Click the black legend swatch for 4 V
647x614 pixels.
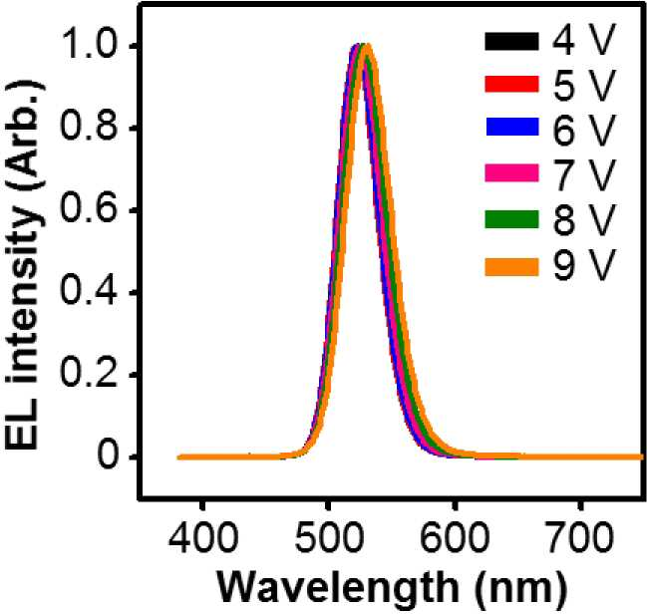511,42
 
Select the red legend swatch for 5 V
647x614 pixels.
511,84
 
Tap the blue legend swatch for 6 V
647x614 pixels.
512,128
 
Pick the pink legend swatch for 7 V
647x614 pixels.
511,172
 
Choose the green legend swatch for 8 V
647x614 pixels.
511,219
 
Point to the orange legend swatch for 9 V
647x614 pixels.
511,267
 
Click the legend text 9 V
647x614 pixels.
583,265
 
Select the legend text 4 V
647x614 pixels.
583,40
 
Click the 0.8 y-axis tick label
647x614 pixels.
88,127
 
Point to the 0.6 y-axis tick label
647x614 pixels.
88,208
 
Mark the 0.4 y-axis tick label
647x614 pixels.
88,291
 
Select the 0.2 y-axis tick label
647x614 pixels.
88,374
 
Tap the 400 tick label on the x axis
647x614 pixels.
203,537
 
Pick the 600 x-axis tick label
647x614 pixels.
455,537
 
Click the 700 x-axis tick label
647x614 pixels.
580,537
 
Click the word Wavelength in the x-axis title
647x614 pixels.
338,588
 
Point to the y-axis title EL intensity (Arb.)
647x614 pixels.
23,265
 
